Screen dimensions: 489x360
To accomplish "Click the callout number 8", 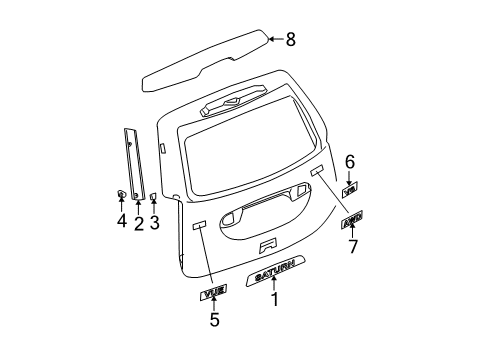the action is pos(291,39).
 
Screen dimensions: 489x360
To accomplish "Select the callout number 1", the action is pos(275,298).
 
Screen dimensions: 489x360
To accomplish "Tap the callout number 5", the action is pos(214,320).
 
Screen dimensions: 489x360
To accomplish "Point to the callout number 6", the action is pos(350,161).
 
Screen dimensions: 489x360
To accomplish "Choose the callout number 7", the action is pos(351,246).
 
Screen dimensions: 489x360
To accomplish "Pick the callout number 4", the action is pos(120,221).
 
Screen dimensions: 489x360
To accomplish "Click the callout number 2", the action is pos(138,221).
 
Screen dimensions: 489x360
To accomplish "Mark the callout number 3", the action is pos(154,221).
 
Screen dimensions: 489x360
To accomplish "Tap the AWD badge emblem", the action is pos(351,221).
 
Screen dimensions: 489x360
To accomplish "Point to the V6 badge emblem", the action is pos(350,187).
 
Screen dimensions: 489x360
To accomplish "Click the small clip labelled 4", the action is pos(120,194).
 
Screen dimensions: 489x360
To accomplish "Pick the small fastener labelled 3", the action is pos(154,197).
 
